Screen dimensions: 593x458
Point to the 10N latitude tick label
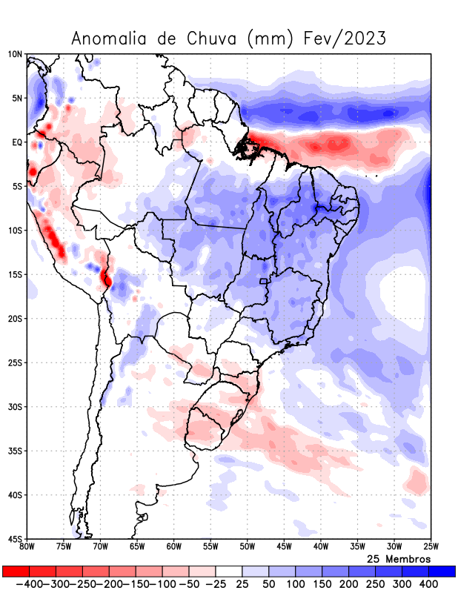pyautogui.click(x=15, y=54)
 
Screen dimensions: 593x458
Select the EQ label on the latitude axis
pyautogui.click(x=16, y=142)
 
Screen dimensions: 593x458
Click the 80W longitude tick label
pyautogui.click(x=27, y=547)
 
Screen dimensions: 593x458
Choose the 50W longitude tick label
pyautogui.click(x=247, y=547)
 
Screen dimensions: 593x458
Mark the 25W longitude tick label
pyautogui.click(x=430, y=547)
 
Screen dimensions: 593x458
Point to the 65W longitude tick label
pyautogui.click(x=137, y=547)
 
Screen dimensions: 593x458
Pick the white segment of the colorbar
pyautogui.click(x=229, y=572)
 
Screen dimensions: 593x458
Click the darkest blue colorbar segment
pyautogui.click(x=442, y=572)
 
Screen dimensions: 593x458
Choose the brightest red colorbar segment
pyautogui.click(x=16, y=572)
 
